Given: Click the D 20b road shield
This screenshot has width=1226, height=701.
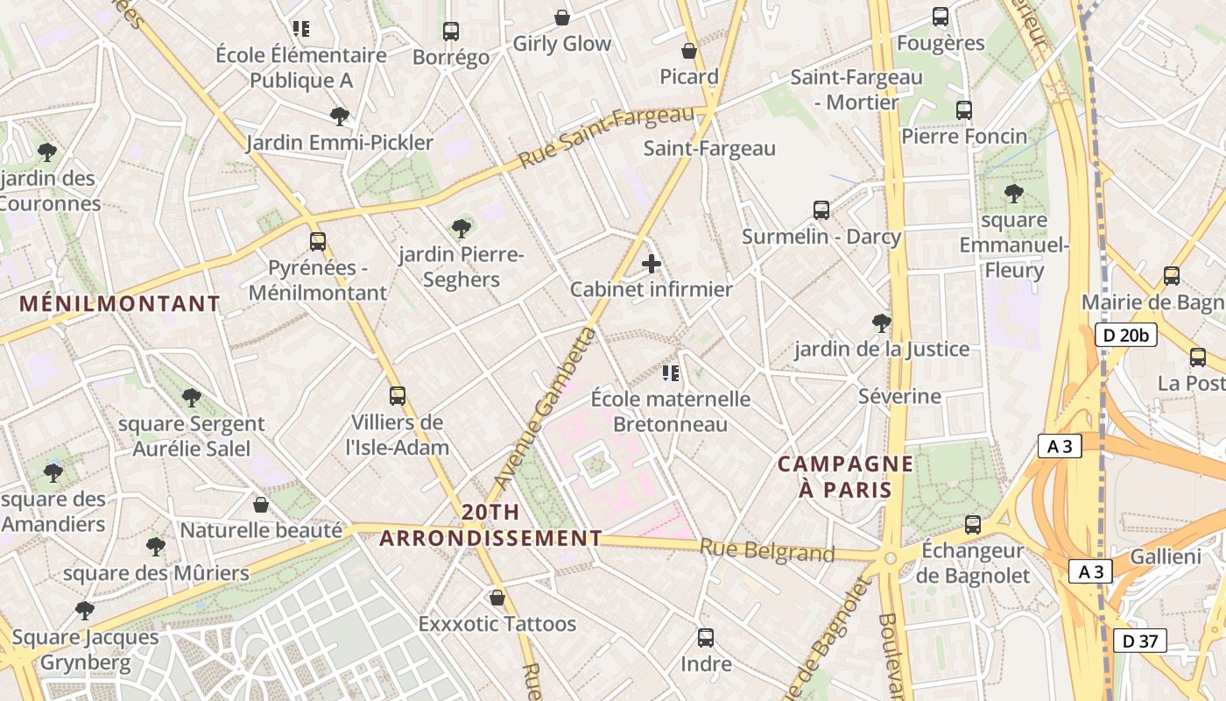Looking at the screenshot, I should (x=1125, y=334).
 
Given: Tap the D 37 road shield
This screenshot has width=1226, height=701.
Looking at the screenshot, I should (x=1139, y=641).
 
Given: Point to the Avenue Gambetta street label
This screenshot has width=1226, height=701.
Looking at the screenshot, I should (x=545, y=407).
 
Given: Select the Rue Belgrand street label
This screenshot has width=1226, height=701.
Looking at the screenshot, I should (x=766, y=551).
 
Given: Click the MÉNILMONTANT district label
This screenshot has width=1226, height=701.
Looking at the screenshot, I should (x=120, y=304).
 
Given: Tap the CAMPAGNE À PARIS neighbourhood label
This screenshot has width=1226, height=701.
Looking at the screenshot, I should (x=845, y=476).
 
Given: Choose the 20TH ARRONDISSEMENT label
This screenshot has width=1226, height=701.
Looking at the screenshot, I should (x=491, y=525).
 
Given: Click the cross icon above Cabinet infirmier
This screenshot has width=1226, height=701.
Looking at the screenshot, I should (x=652, y=264).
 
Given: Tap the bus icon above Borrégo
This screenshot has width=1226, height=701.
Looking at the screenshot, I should (x=451, y=32).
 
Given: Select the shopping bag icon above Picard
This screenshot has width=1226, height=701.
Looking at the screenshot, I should (x=689, y=51).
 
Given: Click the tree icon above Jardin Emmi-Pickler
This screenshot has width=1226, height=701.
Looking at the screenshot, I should (x=339, y=116).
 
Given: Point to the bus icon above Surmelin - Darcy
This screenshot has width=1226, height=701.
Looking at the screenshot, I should (x=821, y=210).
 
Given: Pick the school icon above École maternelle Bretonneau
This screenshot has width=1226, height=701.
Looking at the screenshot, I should (x=671, y=374).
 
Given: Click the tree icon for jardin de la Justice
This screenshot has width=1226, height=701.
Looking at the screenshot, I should (x=882, y=323).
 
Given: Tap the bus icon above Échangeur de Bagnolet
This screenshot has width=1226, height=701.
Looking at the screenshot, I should (x=972, y=525).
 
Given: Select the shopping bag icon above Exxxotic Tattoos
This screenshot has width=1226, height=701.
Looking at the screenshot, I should (x=497, y=598).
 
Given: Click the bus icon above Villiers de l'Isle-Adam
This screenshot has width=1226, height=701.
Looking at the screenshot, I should (x=398, y=396).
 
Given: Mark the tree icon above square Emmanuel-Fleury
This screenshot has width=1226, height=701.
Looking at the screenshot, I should (x=1014, y=194).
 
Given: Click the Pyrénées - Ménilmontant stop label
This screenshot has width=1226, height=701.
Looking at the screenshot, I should (x=317, y=280).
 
